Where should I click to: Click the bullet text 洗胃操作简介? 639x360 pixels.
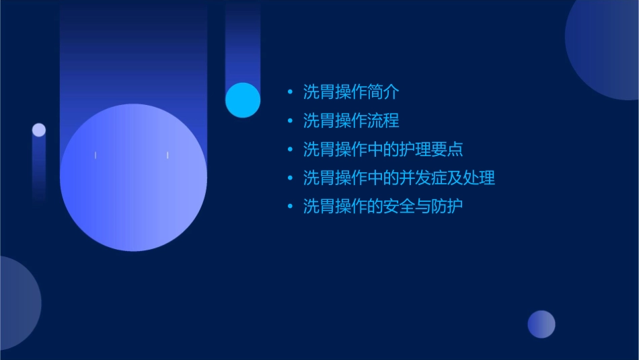coord(351,92)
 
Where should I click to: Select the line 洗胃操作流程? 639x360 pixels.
coord(351,120)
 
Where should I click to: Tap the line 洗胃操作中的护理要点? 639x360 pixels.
coord(383,149)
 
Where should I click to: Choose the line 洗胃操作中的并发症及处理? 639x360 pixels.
coord(399,178)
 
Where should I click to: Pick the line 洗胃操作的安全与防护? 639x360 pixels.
coord(383,206)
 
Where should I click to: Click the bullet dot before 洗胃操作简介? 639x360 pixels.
coord(290,92)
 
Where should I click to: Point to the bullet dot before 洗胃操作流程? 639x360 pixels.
coord(290,121)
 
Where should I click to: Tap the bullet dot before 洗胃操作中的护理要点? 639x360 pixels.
coord(290,149)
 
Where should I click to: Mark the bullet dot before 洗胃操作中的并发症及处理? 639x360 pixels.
coord(290,178)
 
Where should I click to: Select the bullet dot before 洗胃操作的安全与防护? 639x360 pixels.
coord(290,207)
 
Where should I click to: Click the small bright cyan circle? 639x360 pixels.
coord(243,100)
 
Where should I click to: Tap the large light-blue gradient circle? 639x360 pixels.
coord(133,178)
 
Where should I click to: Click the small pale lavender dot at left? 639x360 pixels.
coord(39,130)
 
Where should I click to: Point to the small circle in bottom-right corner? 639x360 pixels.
coord(541,324)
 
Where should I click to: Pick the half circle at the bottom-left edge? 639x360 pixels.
coord(17,303)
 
